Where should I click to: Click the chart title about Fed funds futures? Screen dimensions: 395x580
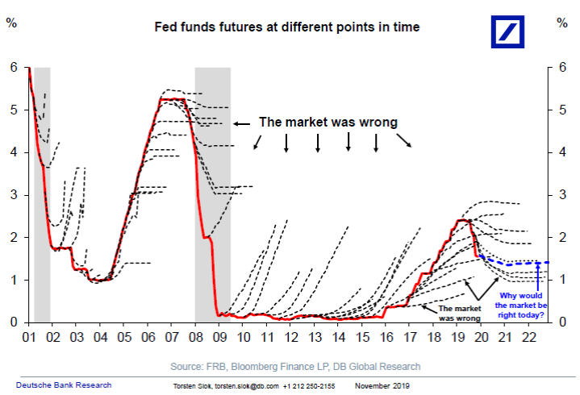(x=287, y=27)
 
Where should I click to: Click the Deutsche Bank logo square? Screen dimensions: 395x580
(x=513, y=31)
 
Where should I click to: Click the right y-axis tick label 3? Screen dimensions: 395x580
(x=562, y=194)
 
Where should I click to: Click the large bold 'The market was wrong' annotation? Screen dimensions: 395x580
(x=328, y=123)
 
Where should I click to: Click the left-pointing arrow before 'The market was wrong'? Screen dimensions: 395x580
(x=241, y=123)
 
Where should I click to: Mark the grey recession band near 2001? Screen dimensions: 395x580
(x=42, y=193)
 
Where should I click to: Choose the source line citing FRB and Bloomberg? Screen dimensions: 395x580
(x=295, y=366)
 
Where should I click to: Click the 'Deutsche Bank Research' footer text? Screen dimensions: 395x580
(x=64, y=385)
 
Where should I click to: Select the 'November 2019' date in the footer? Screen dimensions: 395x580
(x=378, y=385)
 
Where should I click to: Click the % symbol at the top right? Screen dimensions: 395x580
(x=562, y=22)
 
